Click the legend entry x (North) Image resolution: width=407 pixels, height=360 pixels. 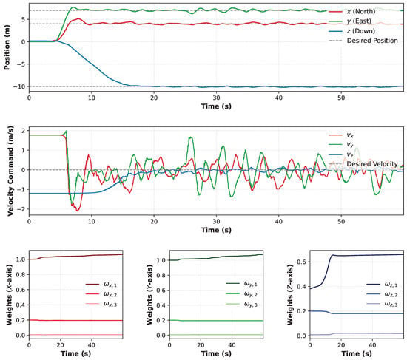351,11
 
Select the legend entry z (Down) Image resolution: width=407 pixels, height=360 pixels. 351,31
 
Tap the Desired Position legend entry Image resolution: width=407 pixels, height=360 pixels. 363,41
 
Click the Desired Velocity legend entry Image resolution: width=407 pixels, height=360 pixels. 363,164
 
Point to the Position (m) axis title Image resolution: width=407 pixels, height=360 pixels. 7,47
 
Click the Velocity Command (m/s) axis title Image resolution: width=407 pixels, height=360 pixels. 10,171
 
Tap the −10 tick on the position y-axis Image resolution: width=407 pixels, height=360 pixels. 20,86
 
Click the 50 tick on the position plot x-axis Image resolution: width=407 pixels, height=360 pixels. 341,98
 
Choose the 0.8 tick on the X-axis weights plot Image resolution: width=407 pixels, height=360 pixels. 21,274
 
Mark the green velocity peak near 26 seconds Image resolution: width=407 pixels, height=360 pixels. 191,137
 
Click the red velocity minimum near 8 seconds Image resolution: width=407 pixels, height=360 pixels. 76,211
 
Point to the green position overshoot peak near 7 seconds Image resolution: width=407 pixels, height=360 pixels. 73,7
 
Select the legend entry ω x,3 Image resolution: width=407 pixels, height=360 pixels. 101,304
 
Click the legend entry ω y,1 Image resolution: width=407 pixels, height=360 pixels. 242,284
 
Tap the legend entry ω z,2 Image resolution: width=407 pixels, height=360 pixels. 382,294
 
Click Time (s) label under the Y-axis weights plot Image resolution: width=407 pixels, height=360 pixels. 216,353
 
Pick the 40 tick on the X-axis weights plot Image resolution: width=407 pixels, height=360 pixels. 91,345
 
